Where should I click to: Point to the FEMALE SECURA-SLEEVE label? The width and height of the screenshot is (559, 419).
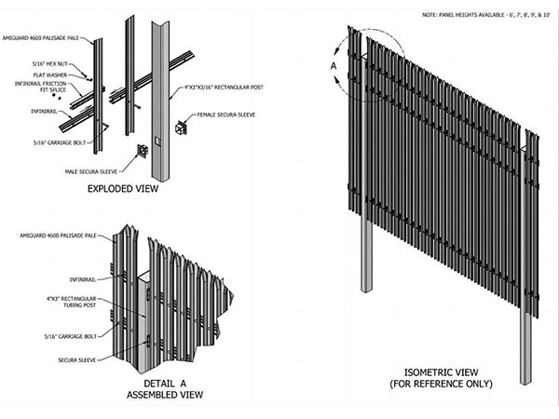[222, 115]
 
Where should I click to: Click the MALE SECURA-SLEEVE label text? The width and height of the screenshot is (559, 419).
[100, 170]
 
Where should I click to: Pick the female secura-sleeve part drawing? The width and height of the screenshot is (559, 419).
[182, 127]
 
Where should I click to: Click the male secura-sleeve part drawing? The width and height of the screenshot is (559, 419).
[143, 151]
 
